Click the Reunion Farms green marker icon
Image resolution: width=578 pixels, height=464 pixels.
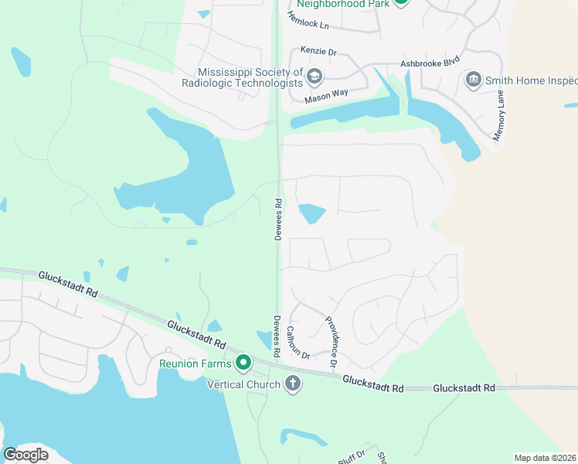coord(243,362)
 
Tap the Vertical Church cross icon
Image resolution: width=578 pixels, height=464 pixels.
coord(292,384)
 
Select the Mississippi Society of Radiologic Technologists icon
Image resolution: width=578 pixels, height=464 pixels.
coord(314,77)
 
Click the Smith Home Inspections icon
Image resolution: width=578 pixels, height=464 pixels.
coord(473,80)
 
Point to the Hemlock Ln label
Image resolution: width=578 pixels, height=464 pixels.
coord(309,26)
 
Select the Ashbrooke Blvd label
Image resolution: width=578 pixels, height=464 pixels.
coord(430,64)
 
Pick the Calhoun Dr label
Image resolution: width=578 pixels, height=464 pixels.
coord(298,343)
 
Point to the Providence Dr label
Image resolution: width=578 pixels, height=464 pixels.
coord(331,342)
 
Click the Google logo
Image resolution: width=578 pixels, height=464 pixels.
coord(25,455)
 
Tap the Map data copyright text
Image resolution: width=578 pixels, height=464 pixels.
coord(546,458)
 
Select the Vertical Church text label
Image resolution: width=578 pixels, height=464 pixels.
coord(243,384)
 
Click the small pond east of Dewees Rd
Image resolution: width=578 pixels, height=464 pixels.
coord(311,213)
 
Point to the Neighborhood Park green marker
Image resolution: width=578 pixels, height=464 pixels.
coord(400,2)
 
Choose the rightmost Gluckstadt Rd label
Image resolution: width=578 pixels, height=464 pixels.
coord(464,387)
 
